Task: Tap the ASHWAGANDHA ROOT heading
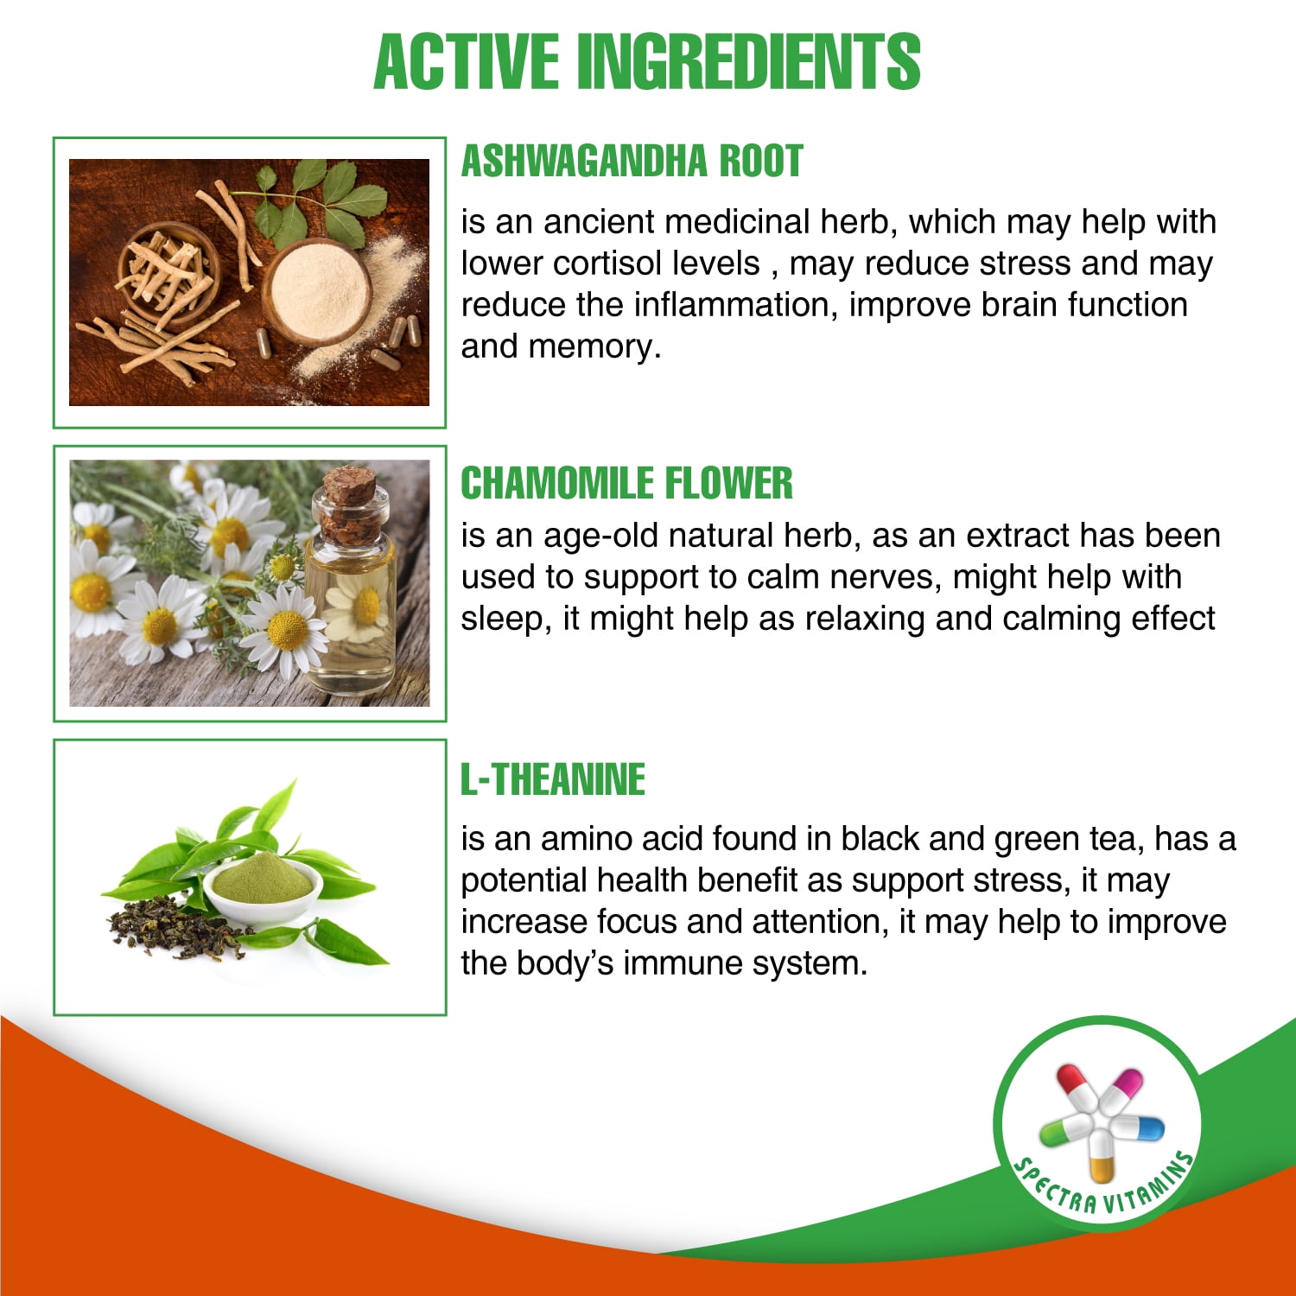(632, 161)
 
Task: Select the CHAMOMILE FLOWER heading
(626, 483)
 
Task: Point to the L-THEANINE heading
(553, 779)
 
